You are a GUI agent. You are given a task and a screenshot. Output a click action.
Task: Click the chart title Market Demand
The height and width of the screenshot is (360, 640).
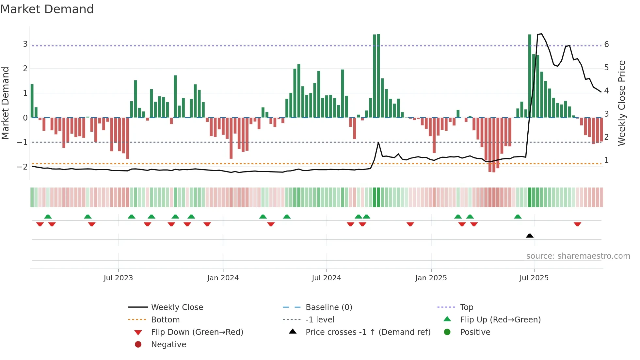coord(47,9)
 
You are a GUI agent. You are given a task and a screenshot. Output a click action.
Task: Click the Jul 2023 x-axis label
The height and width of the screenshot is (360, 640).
coord(118,278)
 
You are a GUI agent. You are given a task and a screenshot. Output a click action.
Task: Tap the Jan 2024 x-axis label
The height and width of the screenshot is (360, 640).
coord(223,278)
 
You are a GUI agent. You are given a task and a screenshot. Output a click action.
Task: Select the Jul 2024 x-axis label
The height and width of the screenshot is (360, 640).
coord(326,278)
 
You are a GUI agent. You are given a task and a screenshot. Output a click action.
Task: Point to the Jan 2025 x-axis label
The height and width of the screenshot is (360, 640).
coord(431,278)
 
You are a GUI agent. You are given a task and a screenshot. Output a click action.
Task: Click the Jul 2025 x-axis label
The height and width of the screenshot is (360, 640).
coord(534,278)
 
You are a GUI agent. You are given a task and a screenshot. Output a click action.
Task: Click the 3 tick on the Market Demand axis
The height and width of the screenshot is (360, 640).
coord(25,44)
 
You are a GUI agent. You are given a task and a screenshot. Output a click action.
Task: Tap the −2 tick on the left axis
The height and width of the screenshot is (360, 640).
coord(23,167)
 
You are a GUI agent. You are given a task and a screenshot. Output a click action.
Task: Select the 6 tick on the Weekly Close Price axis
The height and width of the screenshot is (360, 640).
coord(606,44)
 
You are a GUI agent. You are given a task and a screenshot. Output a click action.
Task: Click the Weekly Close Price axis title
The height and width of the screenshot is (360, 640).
coord(622,103)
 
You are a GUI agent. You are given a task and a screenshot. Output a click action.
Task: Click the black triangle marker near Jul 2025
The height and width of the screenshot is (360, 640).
coord(530,236)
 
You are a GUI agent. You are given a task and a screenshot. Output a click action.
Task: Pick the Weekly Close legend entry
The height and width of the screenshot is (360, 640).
coord(177,307)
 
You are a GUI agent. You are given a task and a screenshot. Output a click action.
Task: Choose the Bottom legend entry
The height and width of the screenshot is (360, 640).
coord(165,320)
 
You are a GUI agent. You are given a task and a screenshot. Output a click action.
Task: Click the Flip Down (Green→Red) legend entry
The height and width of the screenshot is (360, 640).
coord(197,332)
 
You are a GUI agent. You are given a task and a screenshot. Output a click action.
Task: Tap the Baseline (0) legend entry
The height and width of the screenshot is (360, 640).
coord(329,307)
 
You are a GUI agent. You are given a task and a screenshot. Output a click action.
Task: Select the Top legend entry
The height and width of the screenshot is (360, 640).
coord(467,307)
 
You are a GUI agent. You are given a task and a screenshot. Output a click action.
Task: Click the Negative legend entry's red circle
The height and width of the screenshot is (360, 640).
coord(138,345)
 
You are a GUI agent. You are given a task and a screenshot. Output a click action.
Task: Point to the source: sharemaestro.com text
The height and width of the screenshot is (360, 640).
coord(578,256)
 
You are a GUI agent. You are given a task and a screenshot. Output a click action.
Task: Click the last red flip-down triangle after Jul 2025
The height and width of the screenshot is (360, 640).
coord(577,224)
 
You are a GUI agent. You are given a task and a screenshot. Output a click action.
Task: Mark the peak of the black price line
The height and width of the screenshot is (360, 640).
coord(541,34)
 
